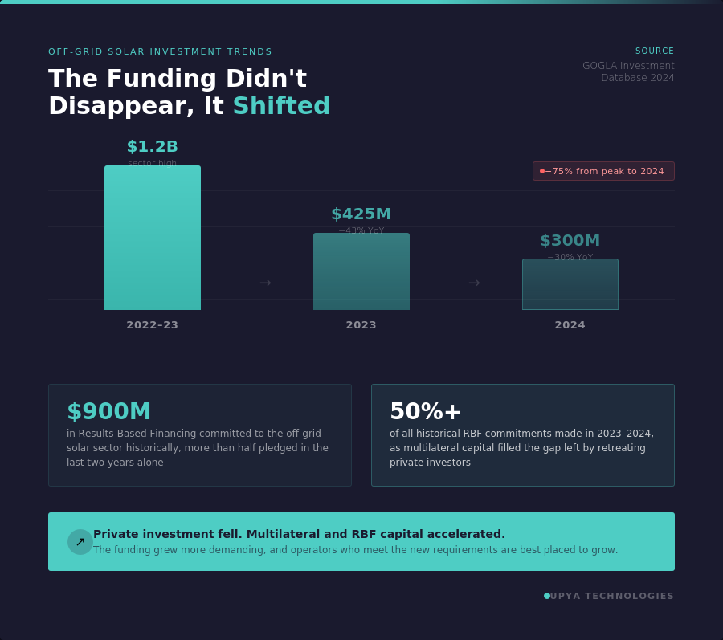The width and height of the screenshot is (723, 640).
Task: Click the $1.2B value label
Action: pos(153,147)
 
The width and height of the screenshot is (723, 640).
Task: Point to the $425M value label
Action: pos(361,214)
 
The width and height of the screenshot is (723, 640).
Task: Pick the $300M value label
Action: pos(570,241)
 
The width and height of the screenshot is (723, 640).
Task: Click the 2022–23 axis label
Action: pos(153,325)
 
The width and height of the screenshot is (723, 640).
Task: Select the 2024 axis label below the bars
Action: pos(570,325)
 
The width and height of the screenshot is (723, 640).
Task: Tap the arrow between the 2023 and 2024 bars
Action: pos(474,283)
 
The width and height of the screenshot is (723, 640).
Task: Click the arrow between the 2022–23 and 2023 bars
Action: pos(265,283)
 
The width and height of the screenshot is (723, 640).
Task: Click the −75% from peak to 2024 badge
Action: pos(603,171)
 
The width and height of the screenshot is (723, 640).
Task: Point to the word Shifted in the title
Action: pos(281,106)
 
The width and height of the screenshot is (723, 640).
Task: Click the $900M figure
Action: pos(109,411)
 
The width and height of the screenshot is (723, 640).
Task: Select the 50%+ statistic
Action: pos(426,411)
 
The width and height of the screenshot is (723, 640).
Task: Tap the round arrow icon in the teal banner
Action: pos(80,542)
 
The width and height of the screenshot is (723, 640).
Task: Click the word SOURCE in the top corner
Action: pos(655,51)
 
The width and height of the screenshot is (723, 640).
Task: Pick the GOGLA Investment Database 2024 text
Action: pos(629,71)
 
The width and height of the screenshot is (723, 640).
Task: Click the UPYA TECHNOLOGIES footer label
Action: pos(612,596)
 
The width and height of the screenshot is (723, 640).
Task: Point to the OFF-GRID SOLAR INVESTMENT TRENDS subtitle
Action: pos(161,51)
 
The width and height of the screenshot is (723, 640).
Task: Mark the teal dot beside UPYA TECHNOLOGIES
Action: pos(547,596)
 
